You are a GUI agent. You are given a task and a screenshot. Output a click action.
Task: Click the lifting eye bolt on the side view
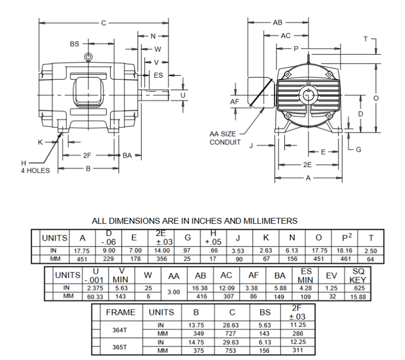pyautogui.click(x=88, y=57)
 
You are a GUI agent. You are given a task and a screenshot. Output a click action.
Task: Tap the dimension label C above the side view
pyautogui.click(x=103, y=23)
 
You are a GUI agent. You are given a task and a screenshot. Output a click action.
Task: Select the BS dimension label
pyautogui.click(x=74, y=44)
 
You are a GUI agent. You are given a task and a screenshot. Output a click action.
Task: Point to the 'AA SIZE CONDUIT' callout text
pyautogui.click(x=225, y=138)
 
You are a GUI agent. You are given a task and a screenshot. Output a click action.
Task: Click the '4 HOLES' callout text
pyautogui.click(x=35, y=171)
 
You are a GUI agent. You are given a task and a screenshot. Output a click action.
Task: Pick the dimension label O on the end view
pyautogui.click(x=376, y=98)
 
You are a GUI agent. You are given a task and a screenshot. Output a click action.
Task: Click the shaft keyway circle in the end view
pyautogui.click(x=307, y=95)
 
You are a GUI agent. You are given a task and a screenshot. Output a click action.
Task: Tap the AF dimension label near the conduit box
pyautogui.click(x=235, y=102)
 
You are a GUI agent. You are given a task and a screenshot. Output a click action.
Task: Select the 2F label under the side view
pyautogui.click(x=87, y=156)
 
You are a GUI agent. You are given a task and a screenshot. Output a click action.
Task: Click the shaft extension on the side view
pyautogui.click(x=155, y=95)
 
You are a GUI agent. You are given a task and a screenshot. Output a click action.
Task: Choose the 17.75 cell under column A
pyautogui.click(x=82, y=251)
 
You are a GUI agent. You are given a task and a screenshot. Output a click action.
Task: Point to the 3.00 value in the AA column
pyautogui.click(x=174, y=292)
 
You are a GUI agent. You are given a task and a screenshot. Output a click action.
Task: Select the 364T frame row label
pyautogui.click(x=120, y=330)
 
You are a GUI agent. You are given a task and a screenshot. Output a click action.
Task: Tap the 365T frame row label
pyautogui.click(x=120, y=347)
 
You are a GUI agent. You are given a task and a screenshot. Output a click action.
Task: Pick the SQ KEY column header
pyautogui.click(x=358, y=276)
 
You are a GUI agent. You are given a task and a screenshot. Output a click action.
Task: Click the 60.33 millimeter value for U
pyautogui.click(x=95, y=296)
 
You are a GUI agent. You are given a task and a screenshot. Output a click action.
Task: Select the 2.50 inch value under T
pyautogui.click(x=371, y=251)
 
